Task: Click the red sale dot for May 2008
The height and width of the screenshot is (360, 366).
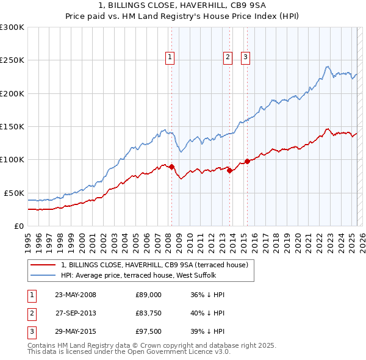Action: click(x=171, y=167)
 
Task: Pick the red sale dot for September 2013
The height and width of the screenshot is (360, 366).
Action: click(x=229, y=170)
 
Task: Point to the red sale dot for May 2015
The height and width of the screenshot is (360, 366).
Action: click(x=247, y=161)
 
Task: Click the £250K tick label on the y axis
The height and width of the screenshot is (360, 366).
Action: click(x=12, y=60)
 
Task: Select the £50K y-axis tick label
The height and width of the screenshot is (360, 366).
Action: click(x=14, y=193)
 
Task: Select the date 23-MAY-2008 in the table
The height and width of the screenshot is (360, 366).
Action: click(x=75, y=295)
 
